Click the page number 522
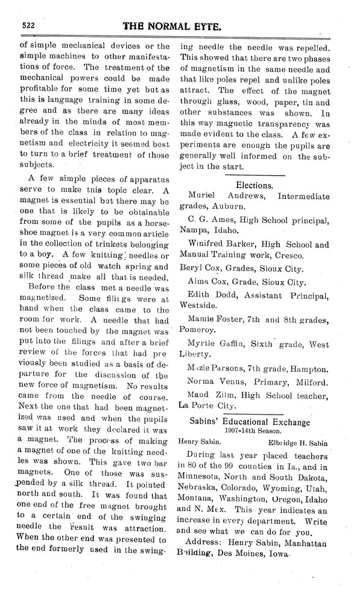tap(31, 25)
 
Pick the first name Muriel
tap(206, 197)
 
